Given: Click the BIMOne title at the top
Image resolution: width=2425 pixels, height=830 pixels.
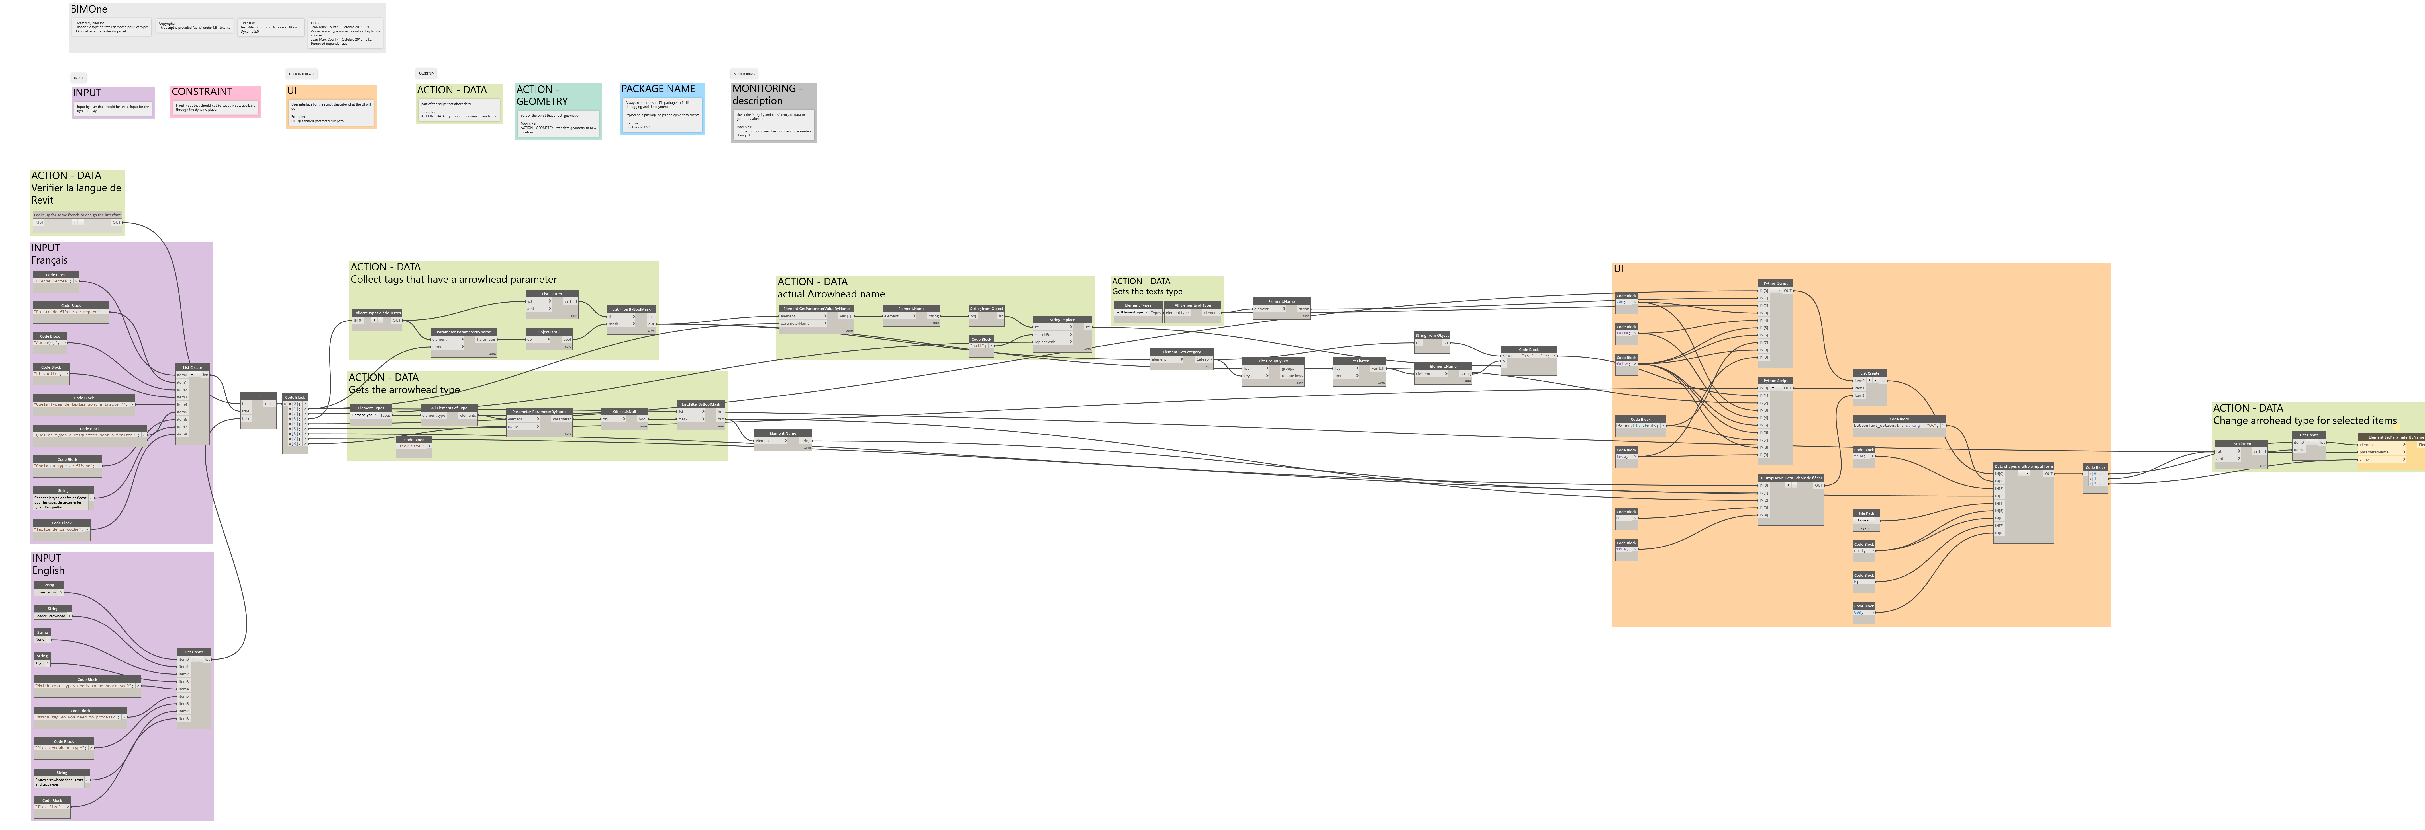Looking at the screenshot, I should click(89, 9).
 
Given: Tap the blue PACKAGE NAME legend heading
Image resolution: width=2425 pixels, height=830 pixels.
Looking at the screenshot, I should click(658, 89).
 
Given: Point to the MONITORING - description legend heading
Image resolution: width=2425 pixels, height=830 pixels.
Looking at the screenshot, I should click(767, 94).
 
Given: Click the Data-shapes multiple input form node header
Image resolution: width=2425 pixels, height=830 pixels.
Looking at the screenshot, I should click(2023, 466).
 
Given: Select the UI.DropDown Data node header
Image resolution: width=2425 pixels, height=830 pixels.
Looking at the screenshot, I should click(1791, 478).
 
